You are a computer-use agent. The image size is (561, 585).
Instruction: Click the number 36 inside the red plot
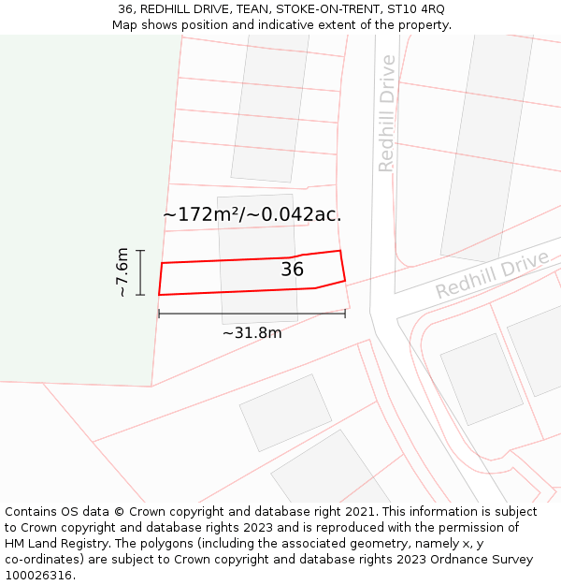coord(292,270)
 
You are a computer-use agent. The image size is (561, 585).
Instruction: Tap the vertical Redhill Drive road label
coord(387,113)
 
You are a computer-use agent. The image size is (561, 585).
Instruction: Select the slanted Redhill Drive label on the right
coord(492,274)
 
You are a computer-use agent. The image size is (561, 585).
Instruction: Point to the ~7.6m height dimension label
coord(122,272)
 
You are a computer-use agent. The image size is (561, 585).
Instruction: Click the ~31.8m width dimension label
coord(252,332)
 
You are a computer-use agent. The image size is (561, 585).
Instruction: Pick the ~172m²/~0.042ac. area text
coord(252,214)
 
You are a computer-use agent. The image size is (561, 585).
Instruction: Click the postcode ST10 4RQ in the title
coord(414,9)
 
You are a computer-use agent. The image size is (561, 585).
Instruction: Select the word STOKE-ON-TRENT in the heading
coord(313,9)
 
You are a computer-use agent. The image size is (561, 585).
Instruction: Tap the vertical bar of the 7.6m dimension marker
coord(140,272)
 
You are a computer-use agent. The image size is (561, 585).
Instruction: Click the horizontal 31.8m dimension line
coord(252,314)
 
